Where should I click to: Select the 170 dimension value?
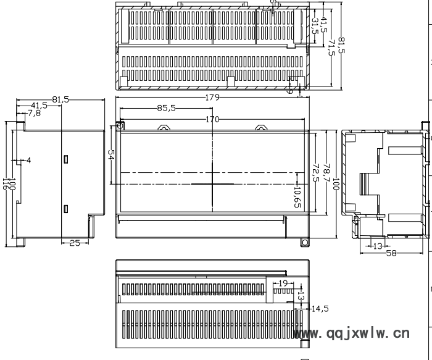tap(212, 119)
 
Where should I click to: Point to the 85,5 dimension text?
tap(166, 107)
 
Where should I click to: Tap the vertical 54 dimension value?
tap(112, 157)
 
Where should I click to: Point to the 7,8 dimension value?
tap(35, 113)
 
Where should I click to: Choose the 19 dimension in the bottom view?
tap(283, 282)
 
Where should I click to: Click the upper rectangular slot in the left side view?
tap(65, 159)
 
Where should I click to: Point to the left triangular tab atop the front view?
tap(165, 128)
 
